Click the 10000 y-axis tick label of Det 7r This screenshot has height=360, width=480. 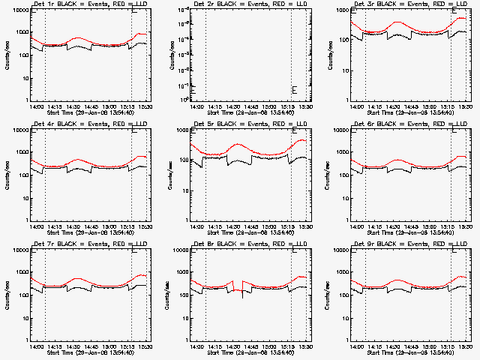(x=19, y=250)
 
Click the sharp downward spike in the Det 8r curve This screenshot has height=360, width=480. (x=241, y=297)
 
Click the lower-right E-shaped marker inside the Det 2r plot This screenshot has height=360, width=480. (x=295, y=90)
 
